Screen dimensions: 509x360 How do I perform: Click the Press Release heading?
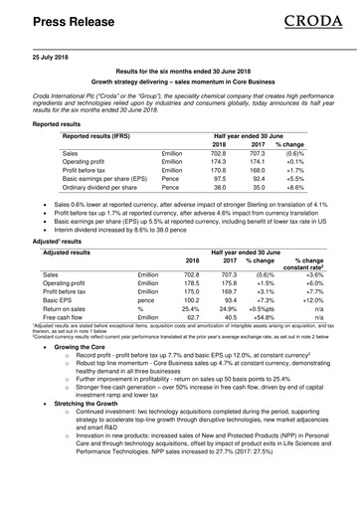click(x=67, y=20)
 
